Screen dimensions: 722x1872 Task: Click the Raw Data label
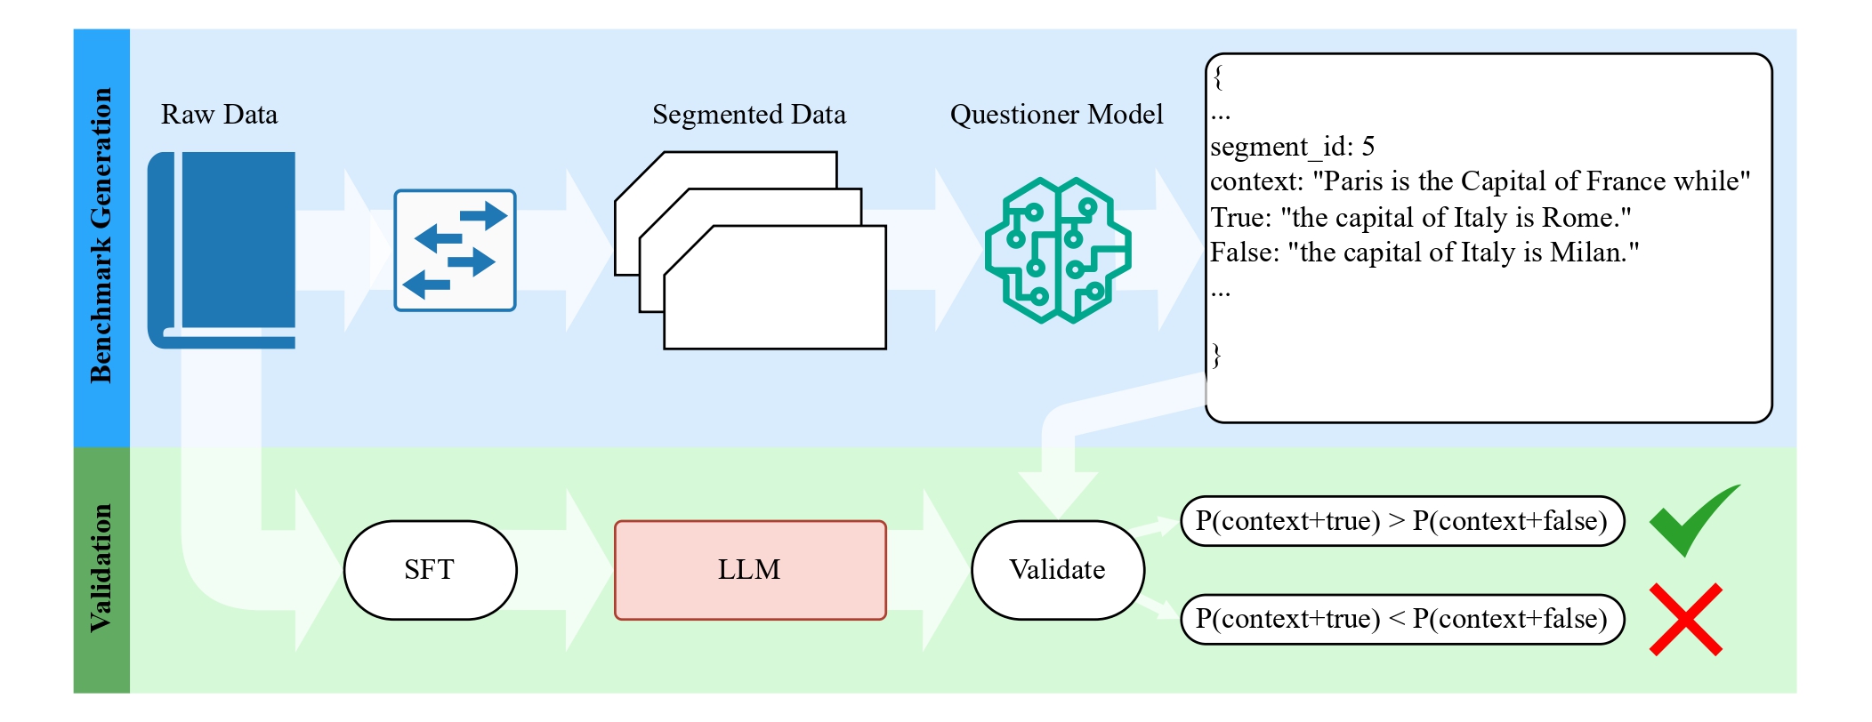click(x=219, y=115)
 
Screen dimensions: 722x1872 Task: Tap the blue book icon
click(x=222, y=249)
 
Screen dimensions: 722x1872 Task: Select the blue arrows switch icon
click(x=455, y=250)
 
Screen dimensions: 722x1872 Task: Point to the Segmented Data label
click(x=748, y=115)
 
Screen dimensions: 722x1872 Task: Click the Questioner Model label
click(x=1056, y=115)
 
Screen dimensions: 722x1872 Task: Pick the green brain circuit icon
click(x=1057, y=250)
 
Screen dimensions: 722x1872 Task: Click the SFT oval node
click(x=430, y=570)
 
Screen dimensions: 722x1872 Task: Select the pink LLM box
click(x=750, y=570)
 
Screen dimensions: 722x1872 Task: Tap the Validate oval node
click(x=1057, y=570)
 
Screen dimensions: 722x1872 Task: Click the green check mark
click(x=1690, y=520)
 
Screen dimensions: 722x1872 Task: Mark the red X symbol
click(x=1685, y=620)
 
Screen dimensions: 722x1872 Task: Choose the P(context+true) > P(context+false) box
click(x=1401, y=521)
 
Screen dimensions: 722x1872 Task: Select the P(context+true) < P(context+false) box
click(x=1401, y=619)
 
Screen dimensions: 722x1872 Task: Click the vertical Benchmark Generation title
click(x=101, y=236)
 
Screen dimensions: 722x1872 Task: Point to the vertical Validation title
click(x=101, y=568)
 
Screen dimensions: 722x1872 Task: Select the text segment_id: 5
click(x=1292, y=147)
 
